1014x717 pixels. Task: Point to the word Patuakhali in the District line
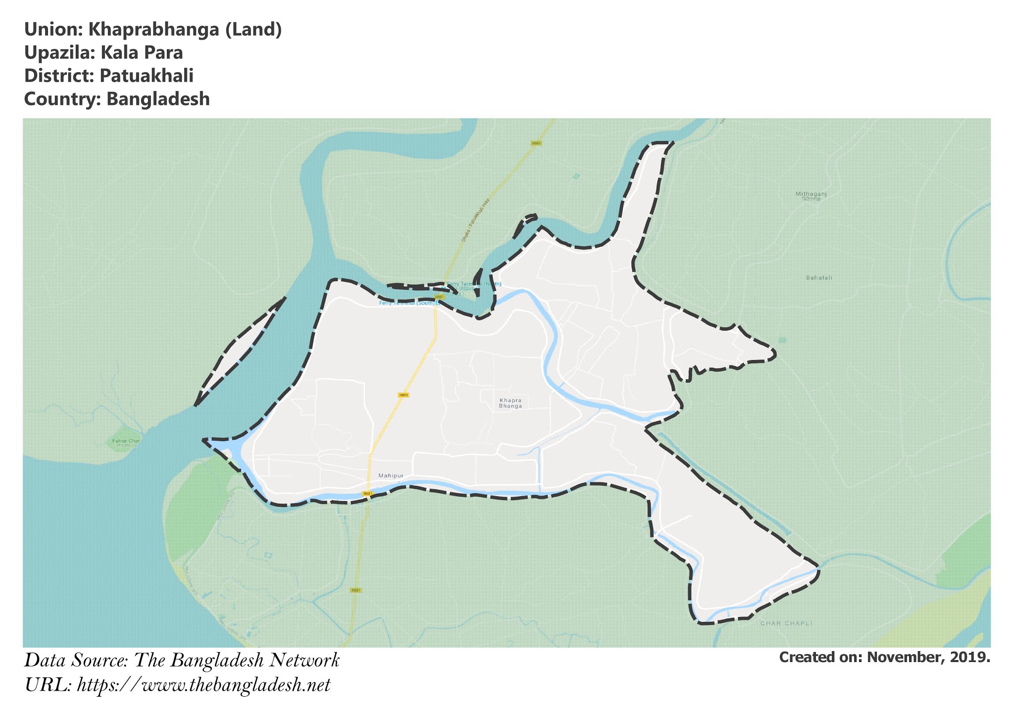[x=146, y=76]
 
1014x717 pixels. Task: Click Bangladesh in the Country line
[x=158, y=99]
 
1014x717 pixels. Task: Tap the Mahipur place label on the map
[x=391, y=476]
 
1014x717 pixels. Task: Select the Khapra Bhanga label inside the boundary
[x=510, y=403]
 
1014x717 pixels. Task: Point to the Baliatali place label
[x=819, y=278]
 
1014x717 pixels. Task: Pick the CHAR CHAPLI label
[x=786, y=623]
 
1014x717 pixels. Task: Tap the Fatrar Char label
[x=126, y=441]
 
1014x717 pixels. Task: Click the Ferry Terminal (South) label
[x=406, y=303]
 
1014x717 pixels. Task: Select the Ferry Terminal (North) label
[x=475, y=284]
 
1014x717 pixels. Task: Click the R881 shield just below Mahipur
[x=367, y=494]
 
